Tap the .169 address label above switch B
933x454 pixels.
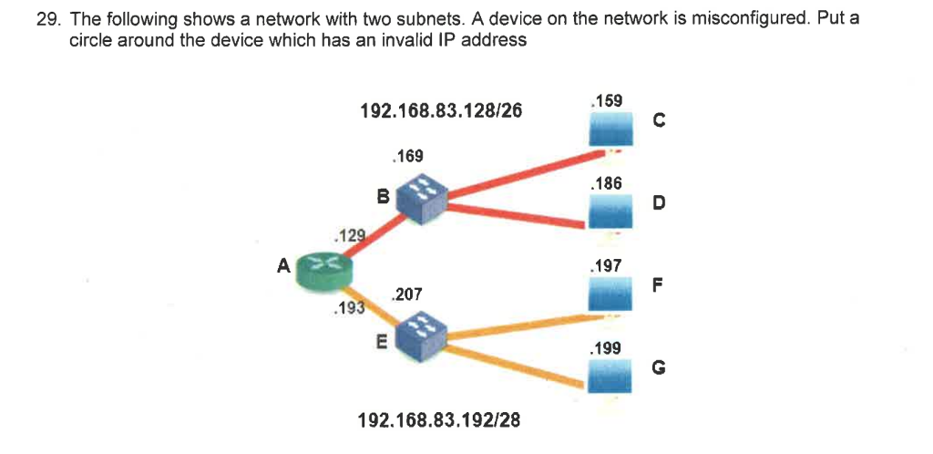point(405,156)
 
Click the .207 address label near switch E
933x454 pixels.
point(405,294)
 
